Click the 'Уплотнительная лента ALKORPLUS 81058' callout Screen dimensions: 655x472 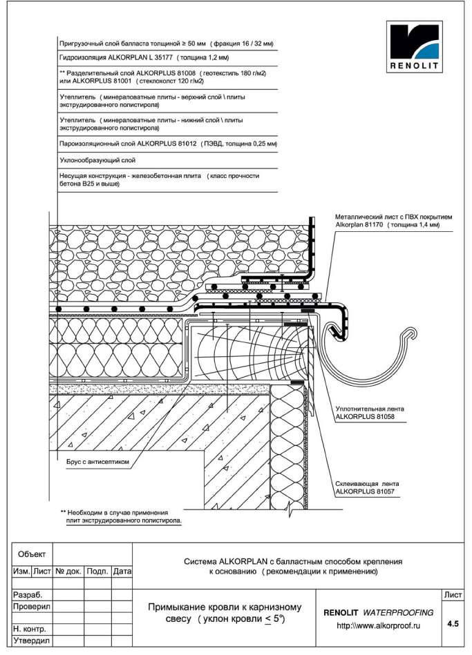tap(370, 413)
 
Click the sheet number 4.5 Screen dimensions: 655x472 tap(453, 624)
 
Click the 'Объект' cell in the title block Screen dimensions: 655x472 tap(32, 554)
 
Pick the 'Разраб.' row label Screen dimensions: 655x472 tap(28, 594)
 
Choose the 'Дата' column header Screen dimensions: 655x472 tap(122, 571)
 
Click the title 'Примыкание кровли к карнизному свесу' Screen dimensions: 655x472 tap(225, 613)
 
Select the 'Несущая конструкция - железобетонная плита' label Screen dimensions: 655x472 tap(159, 180)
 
